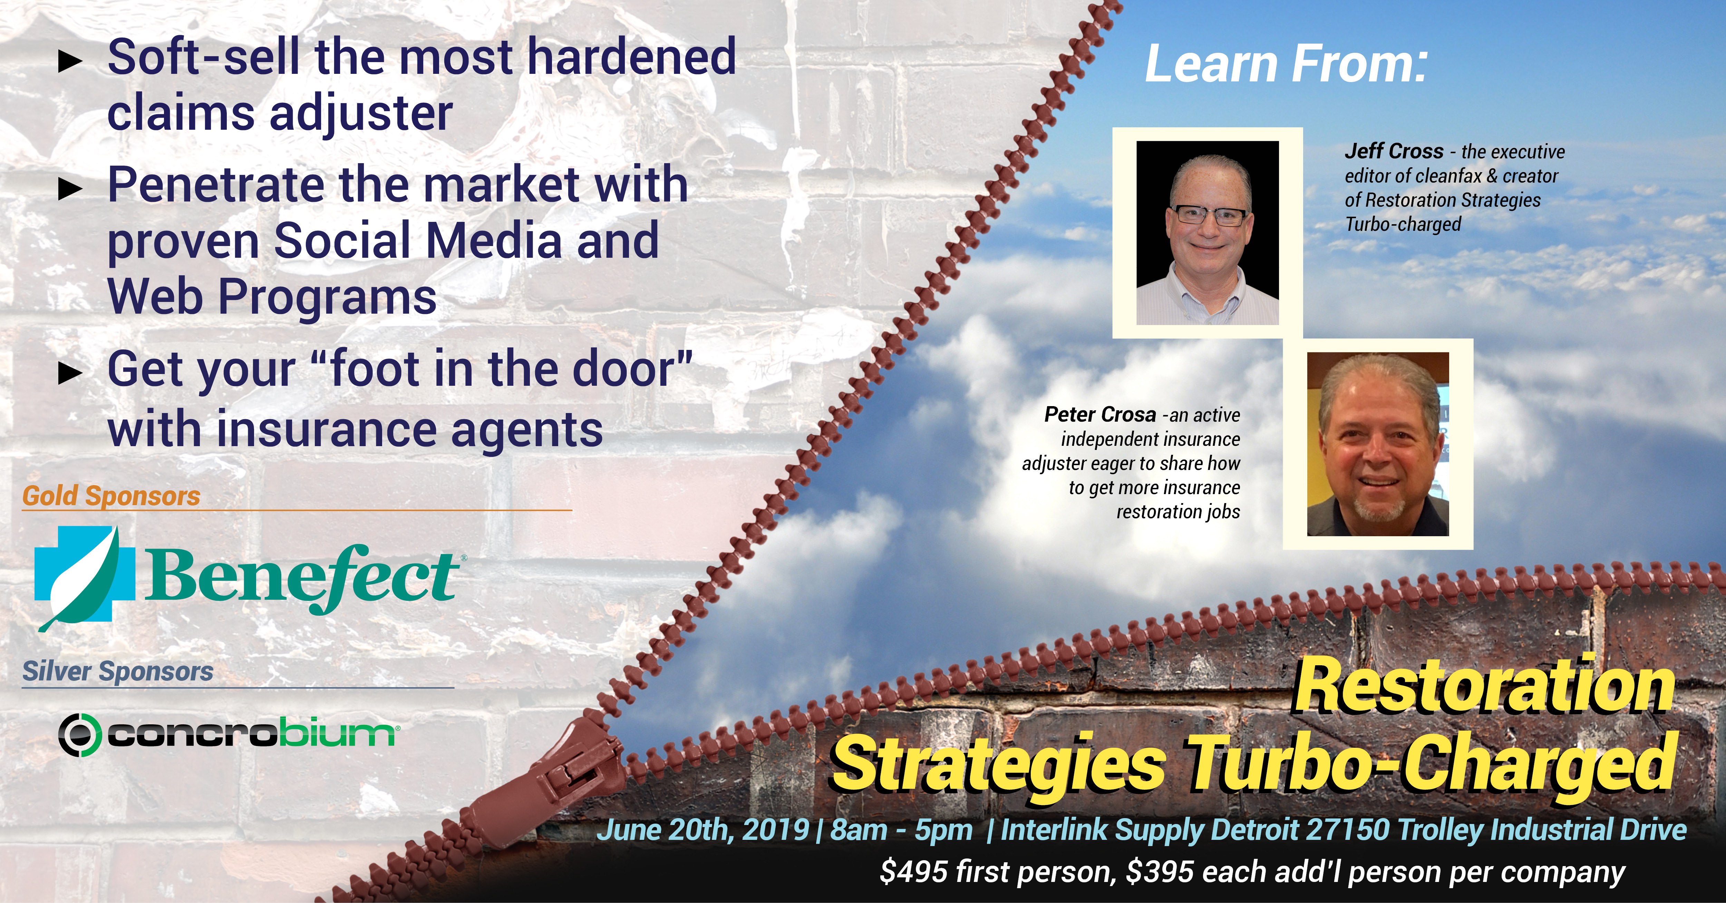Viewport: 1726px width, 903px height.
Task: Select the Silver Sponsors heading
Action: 118,671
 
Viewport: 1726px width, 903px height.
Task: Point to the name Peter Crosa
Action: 1100,415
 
